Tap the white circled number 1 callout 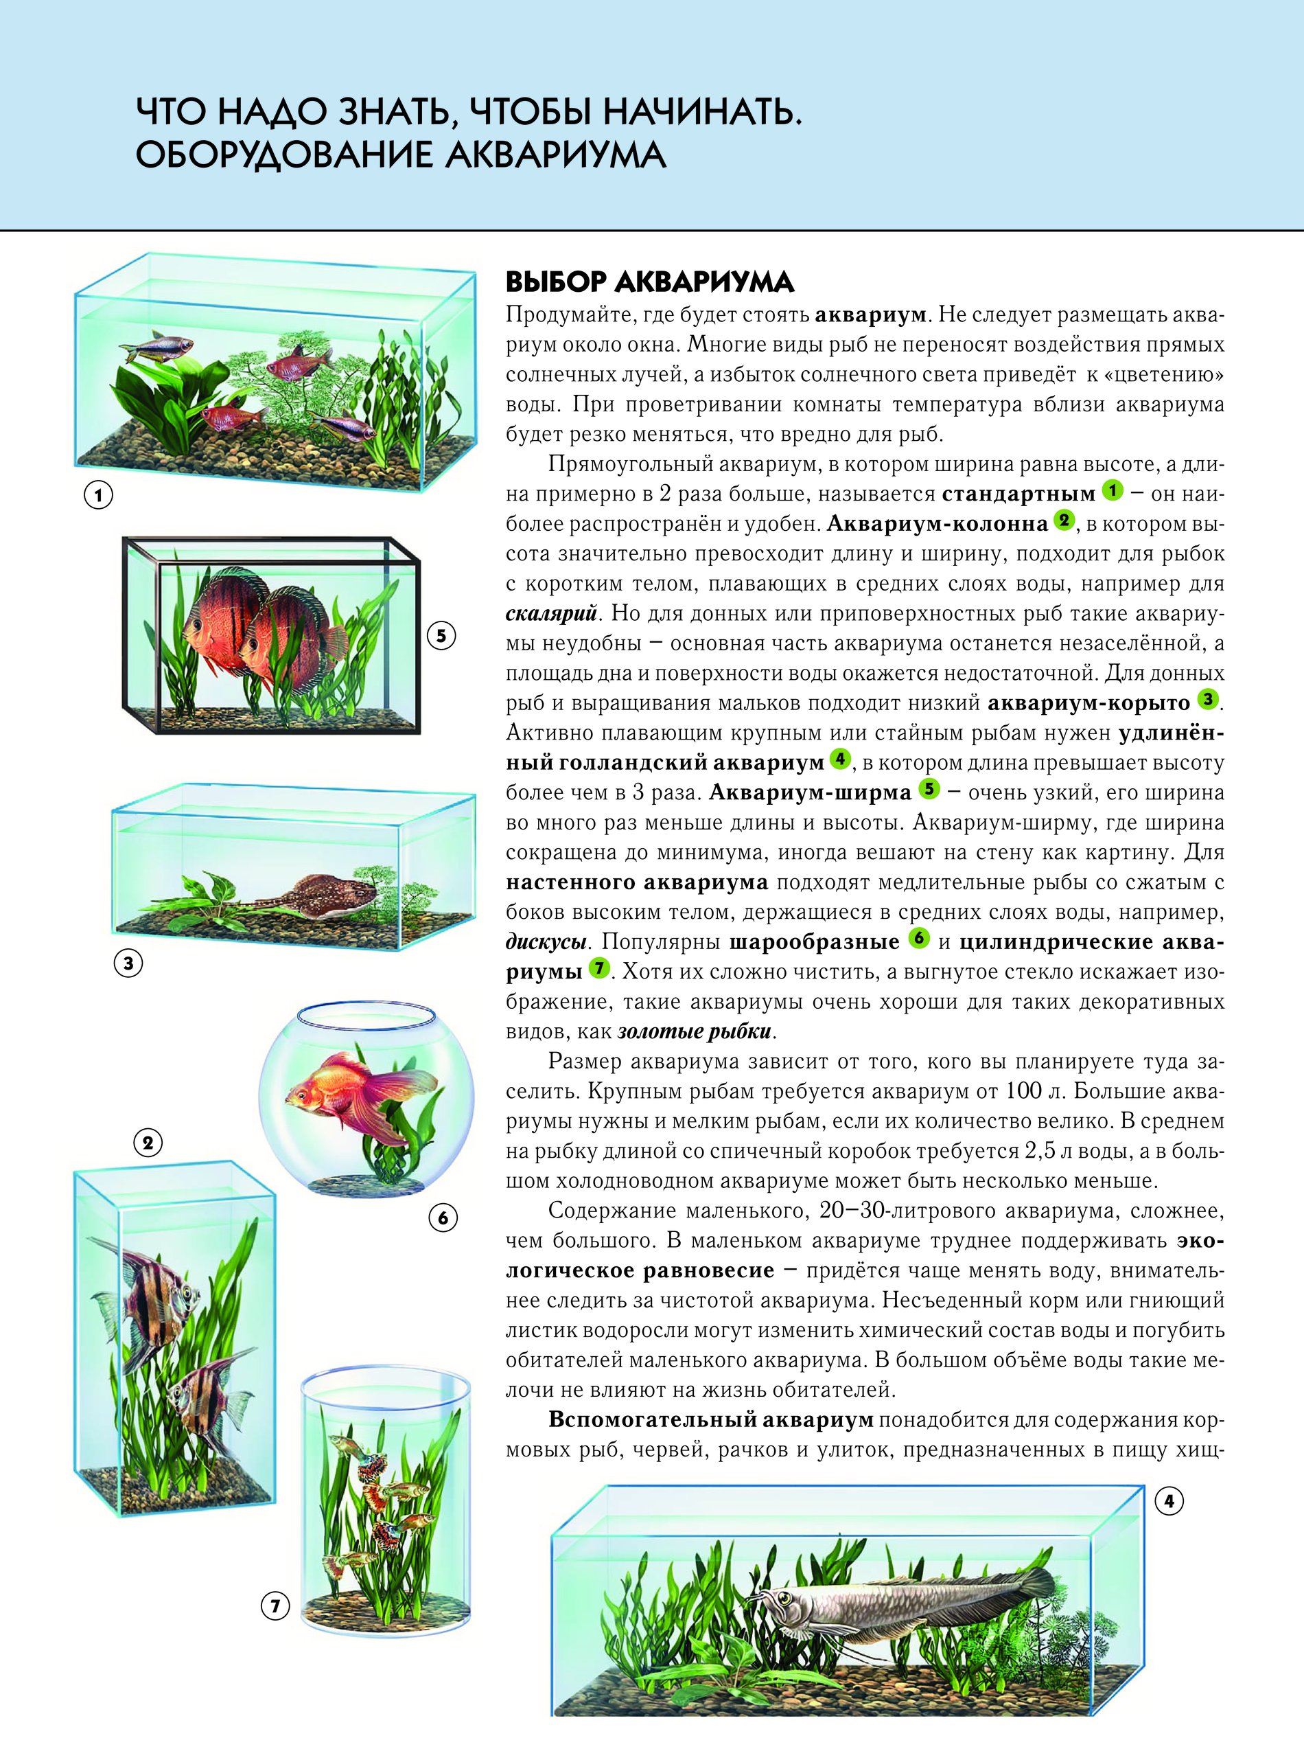click(100, 496)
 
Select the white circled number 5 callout click(441, 637)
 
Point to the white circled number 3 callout click(128, 963)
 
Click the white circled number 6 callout click(443, 1218)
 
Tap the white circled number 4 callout click(1169, 1501)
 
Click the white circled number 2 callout click(148, 1143)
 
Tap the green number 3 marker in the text click(1208, 699)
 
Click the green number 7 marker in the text click(601, 968)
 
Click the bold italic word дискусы click(546, 942)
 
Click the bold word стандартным click(1018, 495)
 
